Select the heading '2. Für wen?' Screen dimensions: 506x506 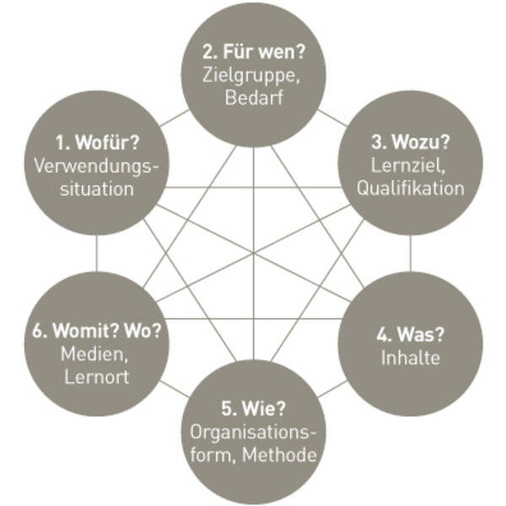tap(254, 51)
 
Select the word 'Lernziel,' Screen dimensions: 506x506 tap(410, 164)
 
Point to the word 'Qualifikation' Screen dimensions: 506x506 tap(410, 188)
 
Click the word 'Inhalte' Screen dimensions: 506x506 tap(410, 358)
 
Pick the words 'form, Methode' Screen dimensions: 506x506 tap(254, 456)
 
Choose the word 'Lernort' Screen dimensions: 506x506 tap(96, 376)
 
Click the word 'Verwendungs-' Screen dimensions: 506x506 tap(96, 164)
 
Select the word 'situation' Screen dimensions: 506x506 tap(96, 188)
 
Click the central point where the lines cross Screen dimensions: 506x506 tap(254, 252)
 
